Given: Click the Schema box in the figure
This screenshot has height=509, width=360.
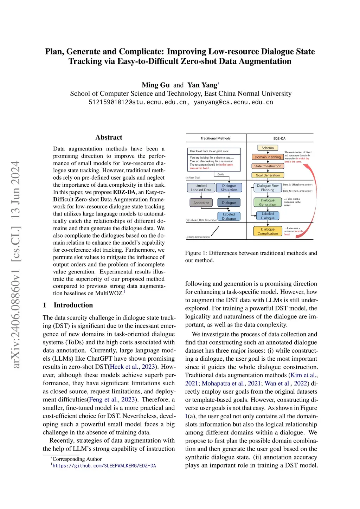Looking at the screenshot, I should click(x=268, y=148).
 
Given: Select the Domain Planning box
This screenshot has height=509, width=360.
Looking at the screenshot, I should click(x=268, y=157).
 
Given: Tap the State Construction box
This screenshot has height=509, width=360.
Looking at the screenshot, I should click(x=268, y=166).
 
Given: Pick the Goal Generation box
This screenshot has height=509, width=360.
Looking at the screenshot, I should click(x=268, y=175).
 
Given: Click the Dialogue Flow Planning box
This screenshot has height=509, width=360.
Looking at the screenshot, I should click(x=268, y=188).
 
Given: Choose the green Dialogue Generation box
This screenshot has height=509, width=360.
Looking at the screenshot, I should click(x=268, y=202).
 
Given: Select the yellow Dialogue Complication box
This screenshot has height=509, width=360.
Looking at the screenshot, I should click(x=268, y=231).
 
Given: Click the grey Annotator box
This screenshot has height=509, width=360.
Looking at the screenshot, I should click(x=201, y=203).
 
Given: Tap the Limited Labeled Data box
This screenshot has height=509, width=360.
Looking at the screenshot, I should click(x=201, y=188).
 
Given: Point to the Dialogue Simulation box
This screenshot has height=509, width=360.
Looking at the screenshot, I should click(x=229, y=188).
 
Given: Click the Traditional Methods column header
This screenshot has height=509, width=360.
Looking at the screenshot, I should click(x=216, y=138).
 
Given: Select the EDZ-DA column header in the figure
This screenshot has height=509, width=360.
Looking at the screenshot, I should click(x=279, y=138).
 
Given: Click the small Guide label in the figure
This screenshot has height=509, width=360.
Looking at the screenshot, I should click(x=221, y=174).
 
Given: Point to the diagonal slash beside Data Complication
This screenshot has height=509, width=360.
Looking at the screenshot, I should click(x=215, y=231).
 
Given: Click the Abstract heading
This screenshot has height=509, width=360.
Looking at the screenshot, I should click(x=109, y=137).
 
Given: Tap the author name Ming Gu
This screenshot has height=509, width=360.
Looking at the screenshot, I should click(x=155, y=85).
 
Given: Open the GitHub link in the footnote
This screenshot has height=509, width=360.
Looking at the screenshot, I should click(x=104, y=466).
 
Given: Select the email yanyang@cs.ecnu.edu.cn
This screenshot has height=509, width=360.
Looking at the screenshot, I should click(x=233, y=102).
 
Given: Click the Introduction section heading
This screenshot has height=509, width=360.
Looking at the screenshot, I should click(x=73, y=305).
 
